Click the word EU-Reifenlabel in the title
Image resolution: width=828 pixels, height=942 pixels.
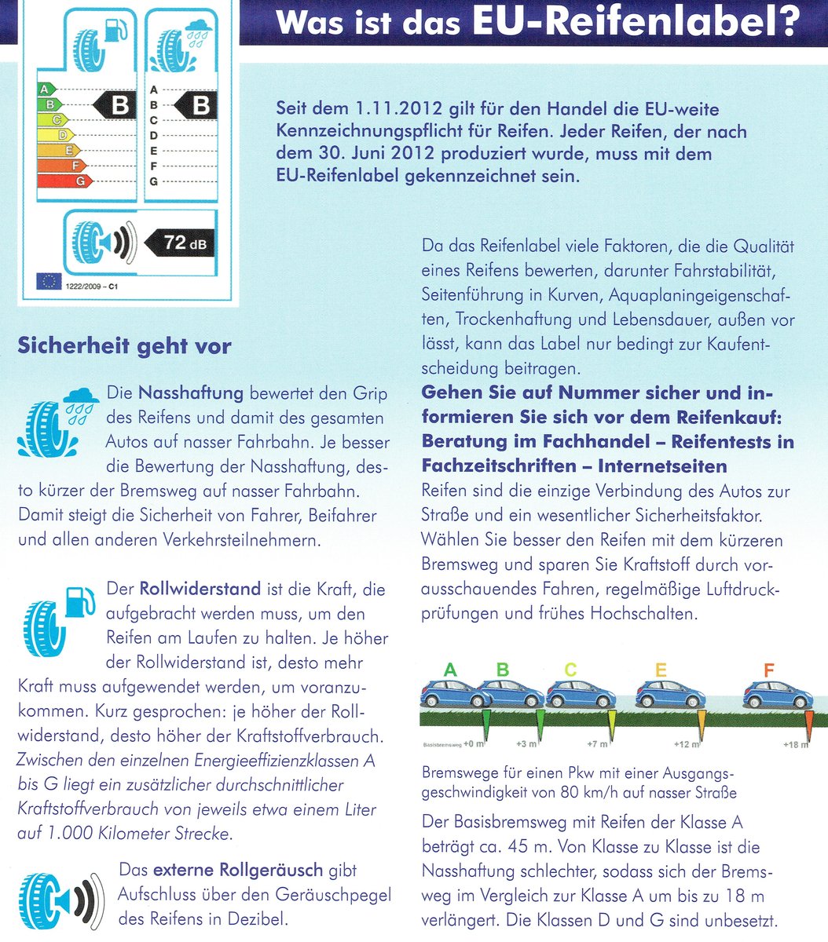pos(635,22)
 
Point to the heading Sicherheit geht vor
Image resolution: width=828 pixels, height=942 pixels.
pos(124,345)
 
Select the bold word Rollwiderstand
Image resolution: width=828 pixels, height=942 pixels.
pos(200,588)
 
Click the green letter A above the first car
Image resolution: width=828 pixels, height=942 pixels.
pos(449,670)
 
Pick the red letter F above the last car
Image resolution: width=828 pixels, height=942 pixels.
pos(768,670)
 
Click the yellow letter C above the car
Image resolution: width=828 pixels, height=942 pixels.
pos(570,670)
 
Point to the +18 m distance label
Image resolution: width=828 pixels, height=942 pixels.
pos(794,744)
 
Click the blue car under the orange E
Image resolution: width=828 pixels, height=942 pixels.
pos(670,694)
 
